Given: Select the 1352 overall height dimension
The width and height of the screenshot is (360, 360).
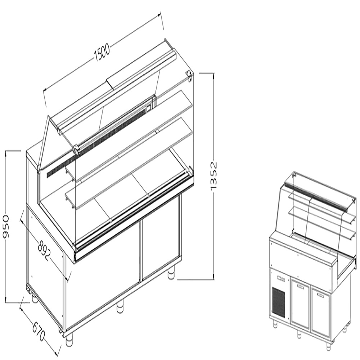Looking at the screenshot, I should [214, 176].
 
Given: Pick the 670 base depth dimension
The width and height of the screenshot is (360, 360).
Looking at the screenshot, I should [39, 332].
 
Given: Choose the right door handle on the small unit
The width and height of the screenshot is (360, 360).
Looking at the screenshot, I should [319, 294].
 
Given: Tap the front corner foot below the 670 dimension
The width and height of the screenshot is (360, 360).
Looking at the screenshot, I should [69, 337].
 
